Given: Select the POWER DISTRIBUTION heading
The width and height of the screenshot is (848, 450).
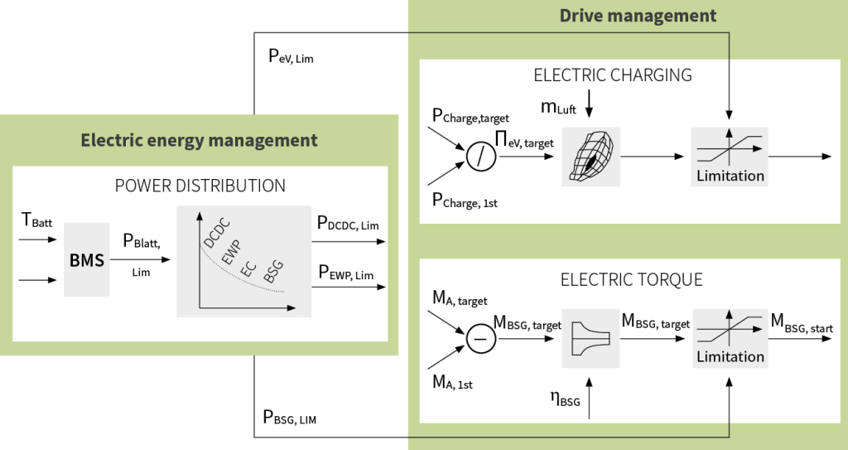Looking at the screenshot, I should coord(200,186).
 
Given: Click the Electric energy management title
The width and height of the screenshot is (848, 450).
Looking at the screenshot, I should coord(199,140).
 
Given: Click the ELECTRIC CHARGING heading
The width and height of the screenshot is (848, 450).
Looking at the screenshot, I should coord(613,75).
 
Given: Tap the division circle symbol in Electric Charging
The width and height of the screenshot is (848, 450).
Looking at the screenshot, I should coord(479,156).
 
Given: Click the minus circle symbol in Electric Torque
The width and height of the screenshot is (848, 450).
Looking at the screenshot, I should coord(480,338).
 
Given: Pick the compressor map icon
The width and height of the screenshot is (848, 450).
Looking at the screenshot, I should coord(590,155).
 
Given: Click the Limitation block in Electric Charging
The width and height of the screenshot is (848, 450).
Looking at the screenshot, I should coord(730,156).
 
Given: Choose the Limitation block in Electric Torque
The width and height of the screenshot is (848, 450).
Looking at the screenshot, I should coord(730,337).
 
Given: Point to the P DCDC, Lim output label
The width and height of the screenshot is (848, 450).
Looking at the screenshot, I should coord(352,224).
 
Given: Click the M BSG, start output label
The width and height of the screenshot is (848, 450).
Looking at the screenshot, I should coord(802,322).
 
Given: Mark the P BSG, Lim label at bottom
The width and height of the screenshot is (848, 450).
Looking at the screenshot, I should coord(289,418).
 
